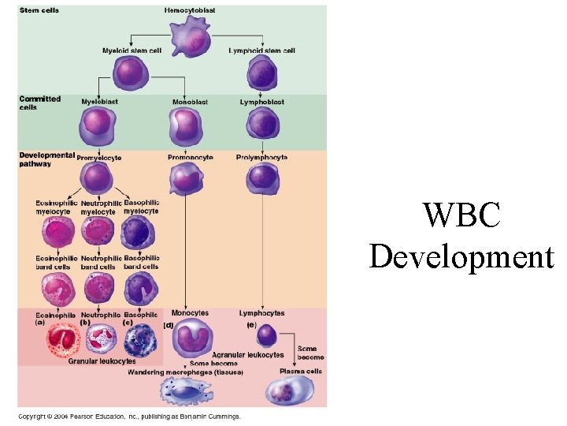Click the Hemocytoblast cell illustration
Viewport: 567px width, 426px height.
(191, 38)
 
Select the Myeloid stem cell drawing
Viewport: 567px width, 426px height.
(131, 73)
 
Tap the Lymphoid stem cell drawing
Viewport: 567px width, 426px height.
(262, 73)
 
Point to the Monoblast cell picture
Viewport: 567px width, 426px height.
(186, 125)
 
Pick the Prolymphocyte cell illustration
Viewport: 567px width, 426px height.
(263, 177)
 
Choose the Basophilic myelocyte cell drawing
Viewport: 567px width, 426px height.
(137, 233)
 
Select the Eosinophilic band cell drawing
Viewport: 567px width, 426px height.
(58, 289)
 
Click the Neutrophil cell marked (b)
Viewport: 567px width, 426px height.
(102, 338)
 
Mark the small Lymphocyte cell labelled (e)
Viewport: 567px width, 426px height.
(266, 336)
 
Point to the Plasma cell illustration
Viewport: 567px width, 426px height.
(290, 390)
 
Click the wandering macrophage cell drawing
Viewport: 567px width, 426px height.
(187, 391)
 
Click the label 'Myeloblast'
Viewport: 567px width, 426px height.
(99, 102)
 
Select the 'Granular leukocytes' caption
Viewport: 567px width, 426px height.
(102, 361)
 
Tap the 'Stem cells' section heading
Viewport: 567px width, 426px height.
(39, 10)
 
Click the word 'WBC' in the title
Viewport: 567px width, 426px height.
(461, 215)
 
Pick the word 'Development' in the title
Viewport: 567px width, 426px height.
(461, 258)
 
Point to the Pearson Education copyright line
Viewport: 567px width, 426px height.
(129, 417)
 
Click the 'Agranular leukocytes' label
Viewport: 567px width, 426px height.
(248, 355)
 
